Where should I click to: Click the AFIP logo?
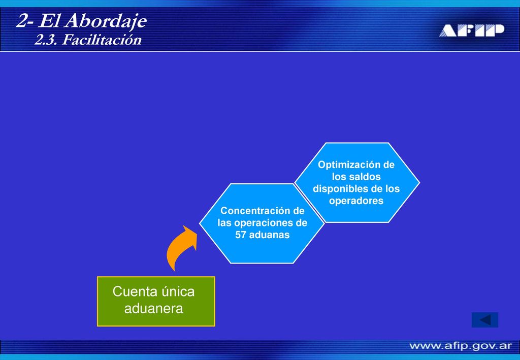click(x=472, y=30)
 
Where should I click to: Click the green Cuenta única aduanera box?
click(x=156, y=301)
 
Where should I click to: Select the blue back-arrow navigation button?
click(x=485, y=320)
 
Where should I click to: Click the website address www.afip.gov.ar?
click(x=461, y=346)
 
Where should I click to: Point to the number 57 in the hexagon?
click(x=240, y=235)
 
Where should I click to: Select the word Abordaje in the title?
click(x=106, y=21)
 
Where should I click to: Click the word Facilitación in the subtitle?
click(x=102, y=40)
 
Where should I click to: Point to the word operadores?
click(x=356, y=201)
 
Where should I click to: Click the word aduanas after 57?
click(x=269, y=235)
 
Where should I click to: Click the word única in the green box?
click(x=178, y=291)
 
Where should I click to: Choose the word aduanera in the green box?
click(x=153, y=309)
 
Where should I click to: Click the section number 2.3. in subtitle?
click(x=47, y=40)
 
